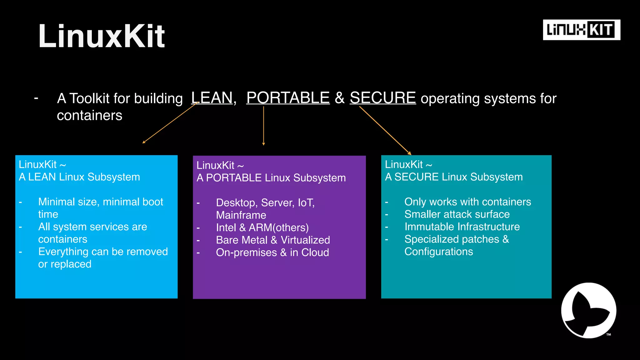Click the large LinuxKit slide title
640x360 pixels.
(102, 36)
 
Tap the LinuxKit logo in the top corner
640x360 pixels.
(581, 30)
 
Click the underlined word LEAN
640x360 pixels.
(212, 98)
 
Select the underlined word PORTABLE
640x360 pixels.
(288, 98)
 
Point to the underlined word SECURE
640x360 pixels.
(382, 98)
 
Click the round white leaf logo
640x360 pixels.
(588, 310)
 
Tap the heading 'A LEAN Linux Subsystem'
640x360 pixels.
(79, 177)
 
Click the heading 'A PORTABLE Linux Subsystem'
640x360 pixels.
(271, 178)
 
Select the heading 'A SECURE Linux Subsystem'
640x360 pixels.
(453, 177)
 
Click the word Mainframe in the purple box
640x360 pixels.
(241, 215)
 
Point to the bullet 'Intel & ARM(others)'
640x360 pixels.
(262, 228)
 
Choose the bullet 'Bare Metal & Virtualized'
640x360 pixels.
(273, 240)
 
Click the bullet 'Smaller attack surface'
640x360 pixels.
(457, 214)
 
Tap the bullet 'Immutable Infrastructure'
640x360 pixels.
(462, 227)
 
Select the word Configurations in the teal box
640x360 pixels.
(438, 252)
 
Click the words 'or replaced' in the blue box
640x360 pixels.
(65, 264)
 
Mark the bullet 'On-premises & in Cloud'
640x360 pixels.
(272, 253)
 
